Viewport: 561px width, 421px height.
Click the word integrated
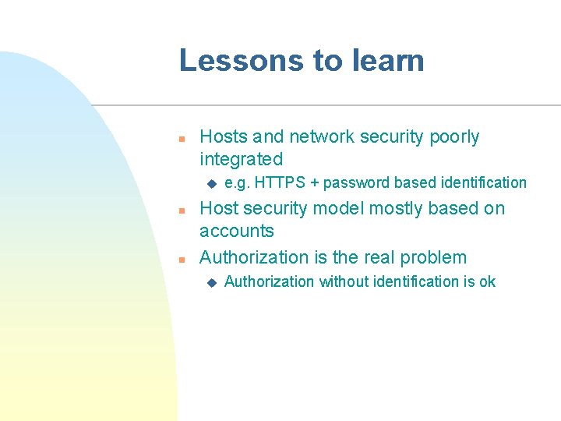(x=241, y=160)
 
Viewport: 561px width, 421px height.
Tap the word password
(x=356, y=182)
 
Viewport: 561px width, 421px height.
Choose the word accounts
(x=237, y=231)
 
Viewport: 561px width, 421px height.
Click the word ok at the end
(x=487, y=281)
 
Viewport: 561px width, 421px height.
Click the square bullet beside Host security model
(x=181, y=210)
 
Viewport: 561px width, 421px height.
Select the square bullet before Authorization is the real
(x=181, y=259)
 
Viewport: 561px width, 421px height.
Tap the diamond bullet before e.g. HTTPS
(x=210, y=184)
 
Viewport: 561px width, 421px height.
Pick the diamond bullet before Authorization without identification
(x=210, y=282)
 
